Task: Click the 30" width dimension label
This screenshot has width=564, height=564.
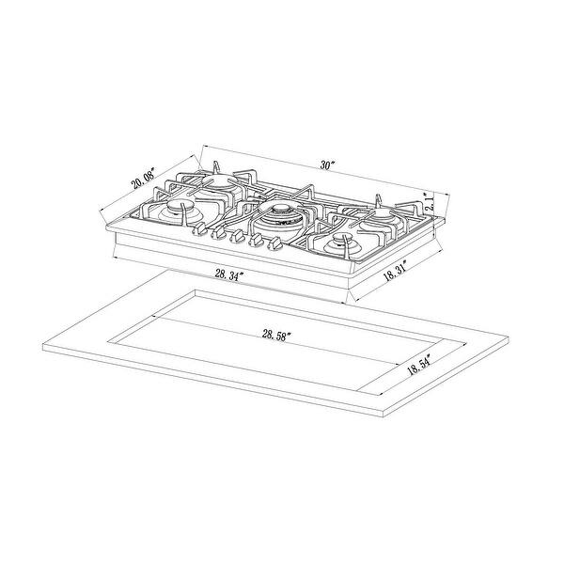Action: point(327,165)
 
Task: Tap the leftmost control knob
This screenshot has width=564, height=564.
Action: point(198,227)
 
